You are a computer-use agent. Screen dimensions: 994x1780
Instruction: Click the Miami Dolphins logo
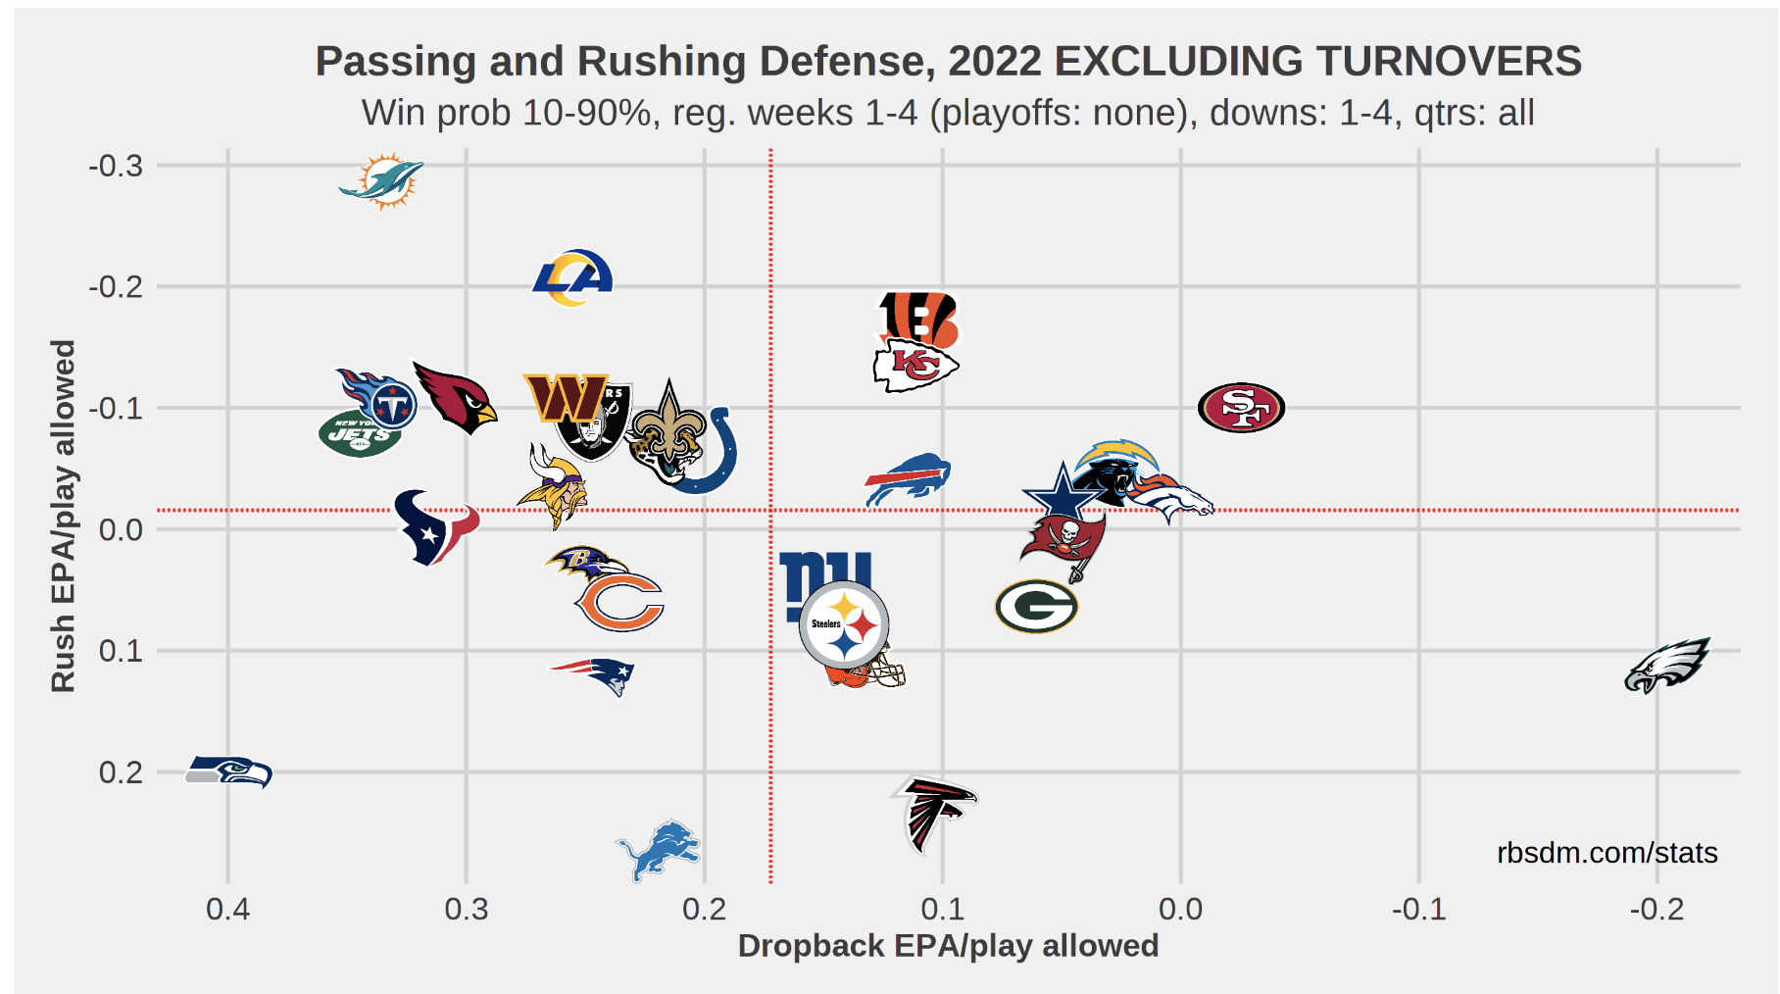382,181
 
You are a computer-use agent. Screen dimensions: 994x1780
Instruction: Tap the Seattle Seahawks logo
229,771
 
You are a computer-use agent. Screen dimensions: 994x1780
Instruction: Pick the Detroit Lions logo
659,850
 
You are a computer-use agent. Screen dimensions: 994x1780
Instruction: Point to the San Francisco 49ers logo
1241,408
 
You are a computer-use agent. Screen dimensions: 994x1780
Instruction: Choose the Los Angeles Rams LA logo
573,278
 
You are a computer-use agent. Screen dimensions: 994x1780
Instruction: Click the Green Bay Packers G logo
1036,607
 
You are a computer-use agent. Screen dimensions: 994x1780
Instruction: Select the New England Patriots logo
594,674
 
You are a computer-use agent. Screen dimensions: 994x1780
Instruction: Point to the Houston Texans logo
434,527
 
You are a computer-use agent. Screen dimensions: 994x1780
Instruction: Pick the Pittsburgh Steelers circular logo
844,625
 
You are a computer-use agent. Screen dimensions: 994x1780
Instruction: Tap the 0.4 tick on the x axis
227,909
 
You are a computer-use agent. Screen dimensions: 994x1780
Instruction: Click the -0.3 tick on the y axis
116,166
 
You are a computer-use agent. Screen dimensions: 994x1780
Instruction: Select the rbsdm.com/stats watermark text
1607,853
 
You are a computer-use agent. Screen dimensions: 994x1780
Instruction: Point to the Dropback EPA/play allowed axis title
948,946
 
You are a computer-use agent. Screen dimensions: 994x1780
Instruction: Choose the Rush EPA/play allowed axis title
63,516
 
